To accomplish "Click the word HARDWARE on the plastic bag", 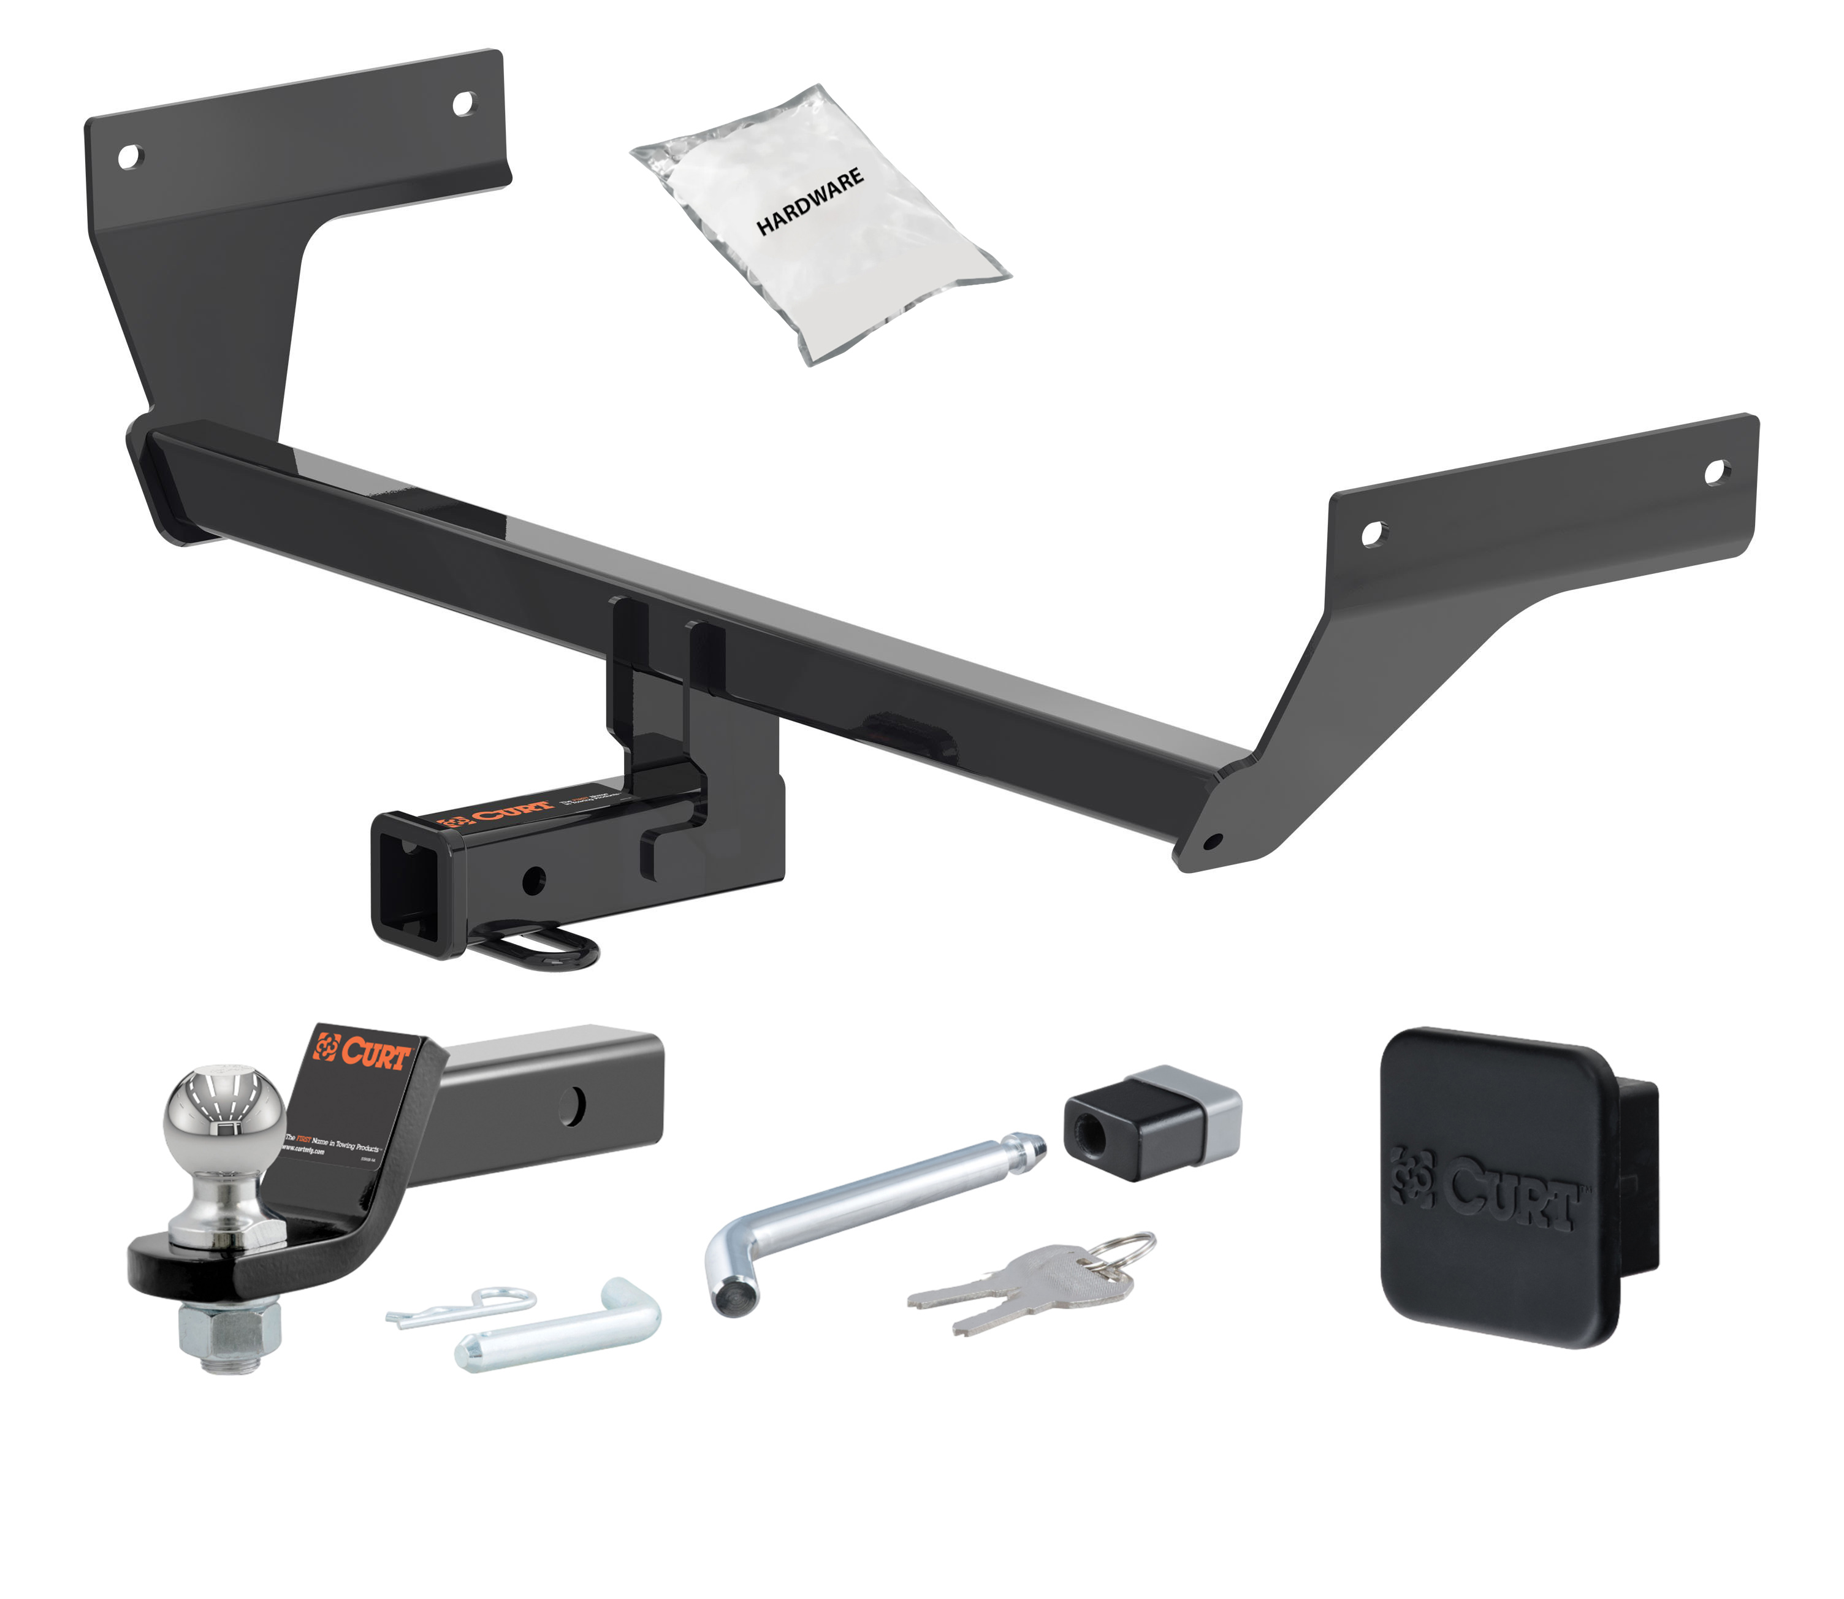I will pyautogui.click(x=810, y=202).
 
